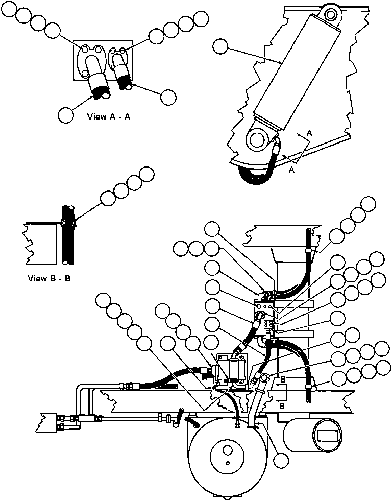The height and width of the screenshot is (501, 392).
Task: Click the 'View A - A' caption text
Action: point(109,116)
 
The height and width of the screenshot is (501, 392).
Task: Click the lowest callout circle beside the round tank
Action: point(281,461)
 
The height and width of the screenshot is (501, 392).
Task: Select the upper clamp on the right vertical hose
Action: point(308,251)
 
